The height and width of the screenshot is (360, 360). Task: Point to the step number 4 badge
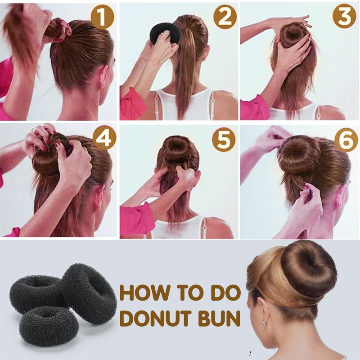(x=103, y=139)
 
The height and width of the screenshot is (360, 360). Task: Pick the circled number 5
(x=224, y=139)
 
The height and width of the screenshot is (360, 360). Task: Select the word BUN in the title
(x=220, y=318)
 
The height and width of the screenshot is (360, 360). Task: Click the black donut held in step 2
(x=165, y=32)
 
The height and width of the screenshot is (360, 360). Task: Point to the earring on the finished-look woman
(x=264, y=322)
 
